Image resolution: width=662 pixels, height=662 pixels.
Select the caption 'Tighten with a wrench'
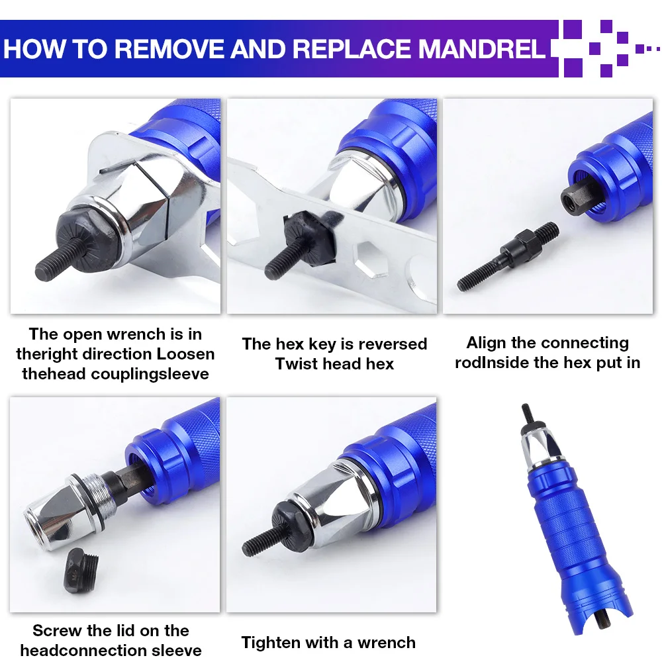pyautogui.click(x=328, y=642)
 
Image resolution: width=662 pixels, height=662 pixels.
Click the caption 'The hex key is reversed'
pyautogui.click(x=334, y=344)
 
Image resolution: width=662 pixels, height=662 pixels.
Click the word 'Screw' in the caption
pyautogui.click(x=56, y=630)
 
